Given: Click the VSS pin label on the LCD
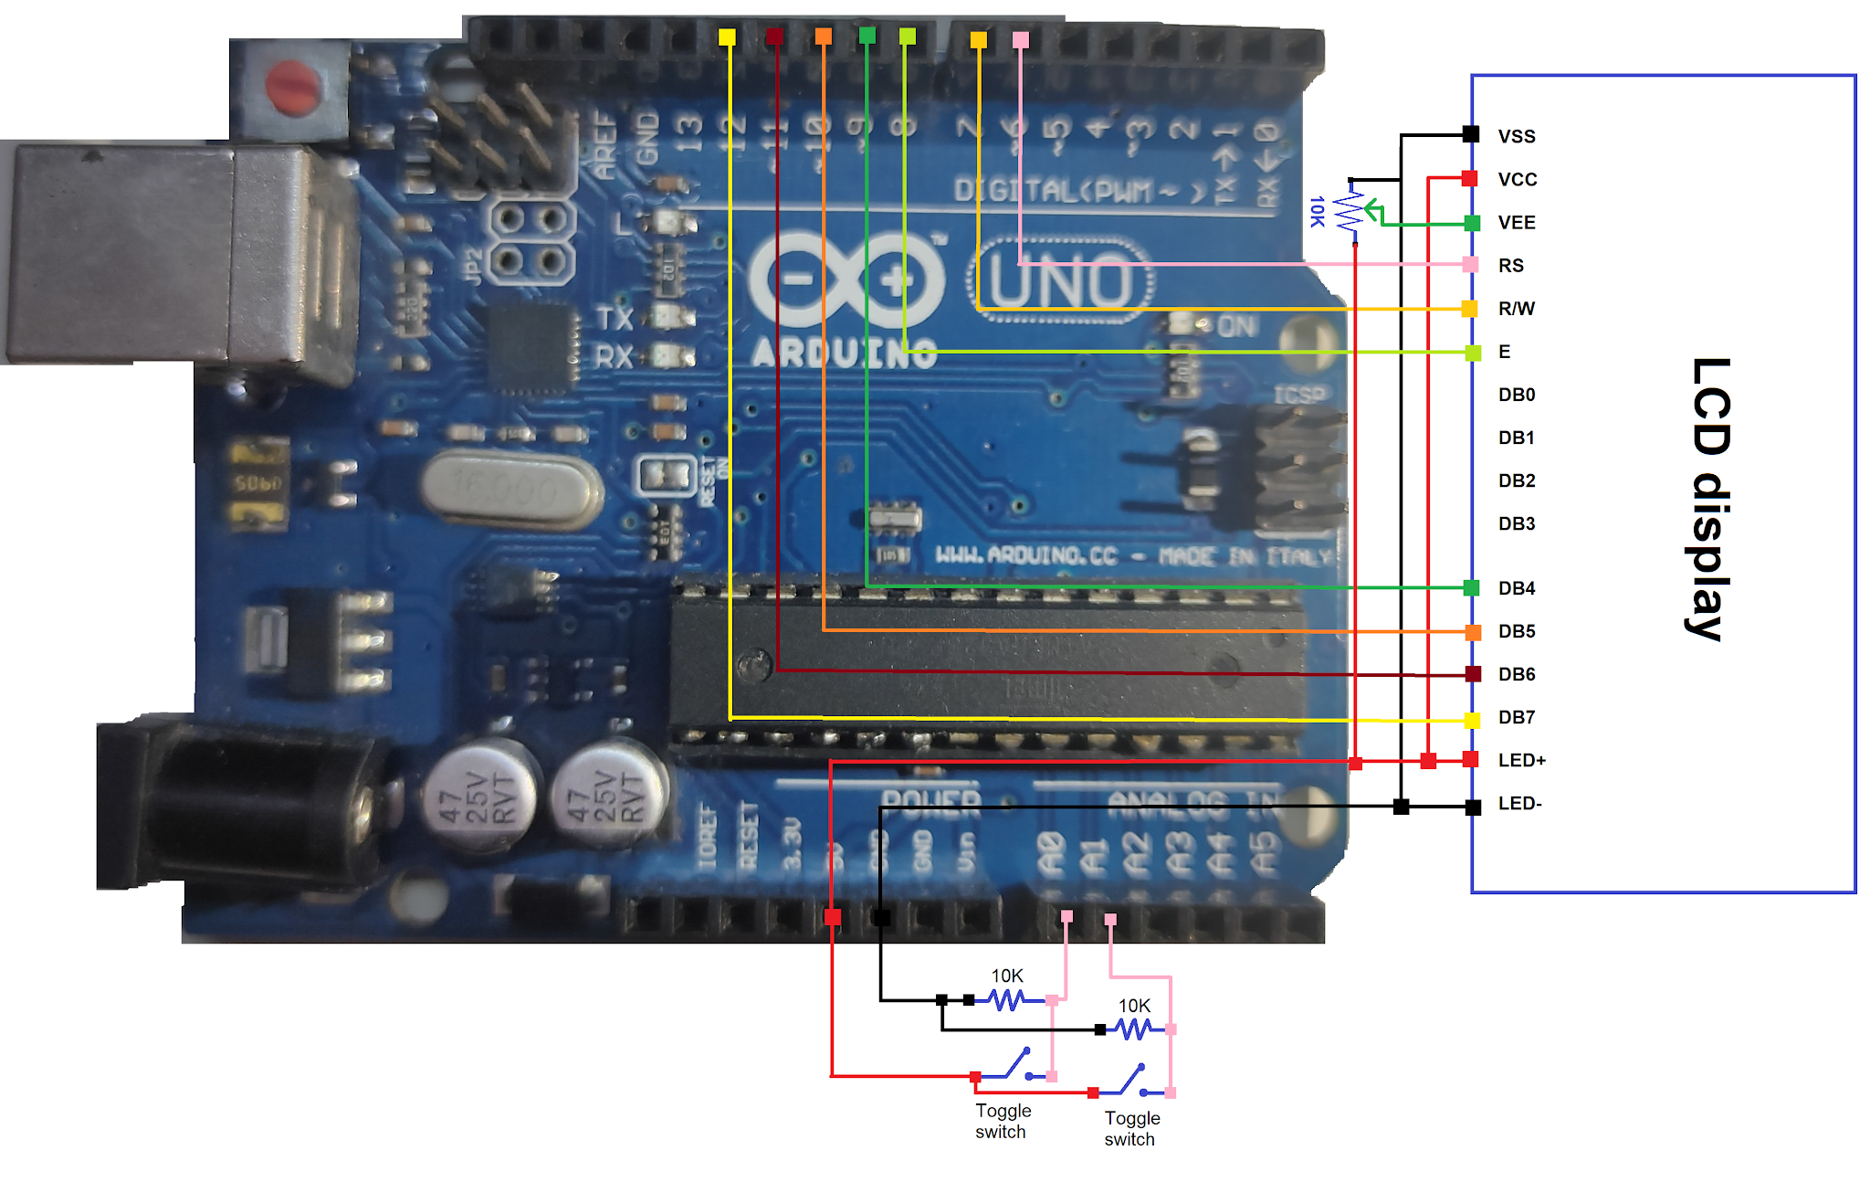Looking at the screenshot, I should tap(1516, 136).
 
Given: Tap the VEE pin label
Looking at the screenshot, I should tap(1516, 222).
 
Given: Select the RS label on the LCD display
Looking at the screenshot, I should tap(1510, 265).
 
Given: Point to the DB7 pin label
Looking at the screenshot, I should tap(1516, 717).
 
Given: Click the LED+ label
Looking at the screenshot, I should tap(1521, 760).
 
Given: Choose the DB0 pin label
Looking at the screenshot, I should tap(1516, 395).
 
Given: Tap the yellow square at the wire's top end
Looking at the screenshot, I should tap(727, 37).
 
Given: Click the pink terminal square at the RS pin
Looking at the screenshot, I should tap(1470, 265).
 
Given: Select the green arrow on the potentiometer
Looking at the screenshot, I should tap(1373, 214).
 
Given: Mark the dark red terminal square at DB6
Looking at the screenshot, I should tap(1473, 674).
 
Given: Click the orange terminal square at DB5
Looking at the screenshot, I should tap(1473, 631).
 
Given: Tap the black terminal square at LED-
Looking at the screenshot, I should tap(1473, 807).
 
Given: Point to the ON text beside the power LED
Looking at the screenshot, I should tap(1237, 326).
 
